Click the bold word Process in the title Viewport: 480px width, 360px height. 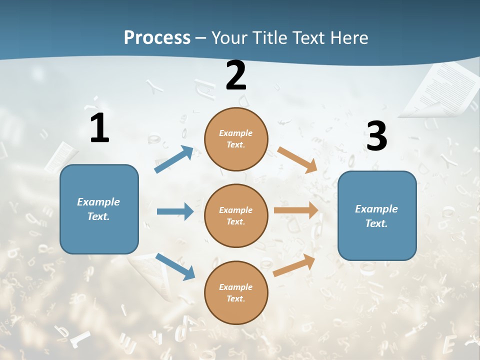pos(157,37)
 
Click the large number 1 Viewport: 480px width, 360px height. pos(99,128)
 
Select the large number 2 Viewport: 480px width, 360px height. pos(236,75)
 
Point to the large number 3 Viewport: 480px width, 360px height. pos(376,136)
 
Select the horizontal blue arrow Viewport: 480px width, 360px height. pos(175,211)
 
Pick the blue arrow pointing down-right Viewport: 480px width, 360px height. pos(175,266)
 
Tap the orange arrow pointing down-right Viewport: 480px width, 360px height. pos(297,159)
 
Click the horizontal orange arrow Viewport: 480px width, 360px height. pos(296,210)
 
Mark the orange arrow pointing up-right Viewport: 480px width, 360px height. pos(294,265)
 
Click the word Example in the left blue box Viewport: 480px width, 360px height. pos(98,202)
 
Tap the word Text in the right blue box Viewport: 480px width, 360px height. pos(375,223)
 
